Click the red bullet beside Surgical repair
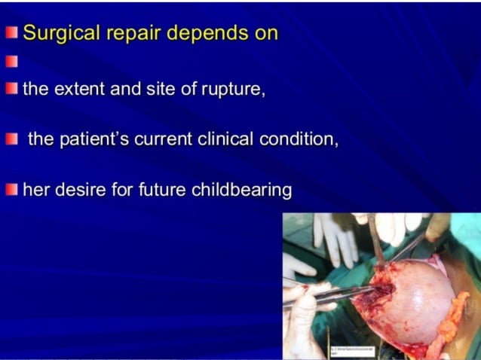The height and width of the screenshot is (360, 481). coord(11,34)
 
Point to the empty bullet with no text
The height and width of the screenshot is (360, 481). coord(11,61)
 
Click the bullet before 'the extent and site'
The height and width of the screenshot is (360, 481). coord(11,89)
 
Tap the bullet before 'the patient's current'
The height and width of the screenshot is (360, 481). coord(11,140)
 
